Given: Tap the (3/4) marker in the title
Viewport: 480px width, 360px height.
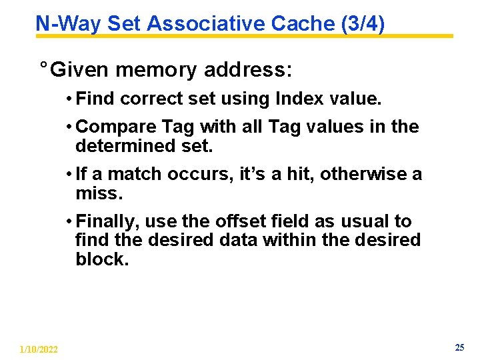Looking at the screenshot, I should [x=362, y=23].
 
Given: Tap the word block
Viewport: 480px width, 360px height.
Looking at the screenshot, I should [x=101, y=259].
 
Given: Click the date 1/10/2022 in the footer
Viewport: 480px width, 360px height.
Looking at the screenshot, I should [x=39, y=349].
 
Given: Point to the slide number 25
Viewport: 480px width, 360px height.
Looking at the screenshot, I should [x=459, y=347].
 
